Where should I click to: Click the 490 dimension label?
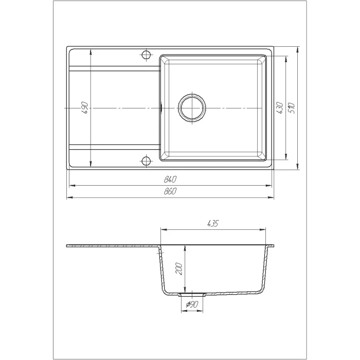[x=85, y=107]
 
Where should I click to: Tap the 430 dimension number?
[x=280, y=108]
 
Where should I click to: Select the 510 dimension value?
[x=292, y=108]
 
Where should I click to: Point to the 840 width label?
[x=170, y=179]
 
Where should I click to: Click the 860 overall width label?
[x=170, y=191]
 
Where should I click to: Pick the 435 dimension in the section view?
[x=213, y=223]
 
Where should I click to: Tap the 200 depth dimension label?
[x=178, y=269]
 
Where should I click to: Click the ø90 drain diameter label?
[x=192, y=304]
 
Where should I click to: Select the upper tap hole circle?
[x=146, y=55]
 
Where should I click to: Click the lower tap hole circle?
[x=146, y=161]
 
